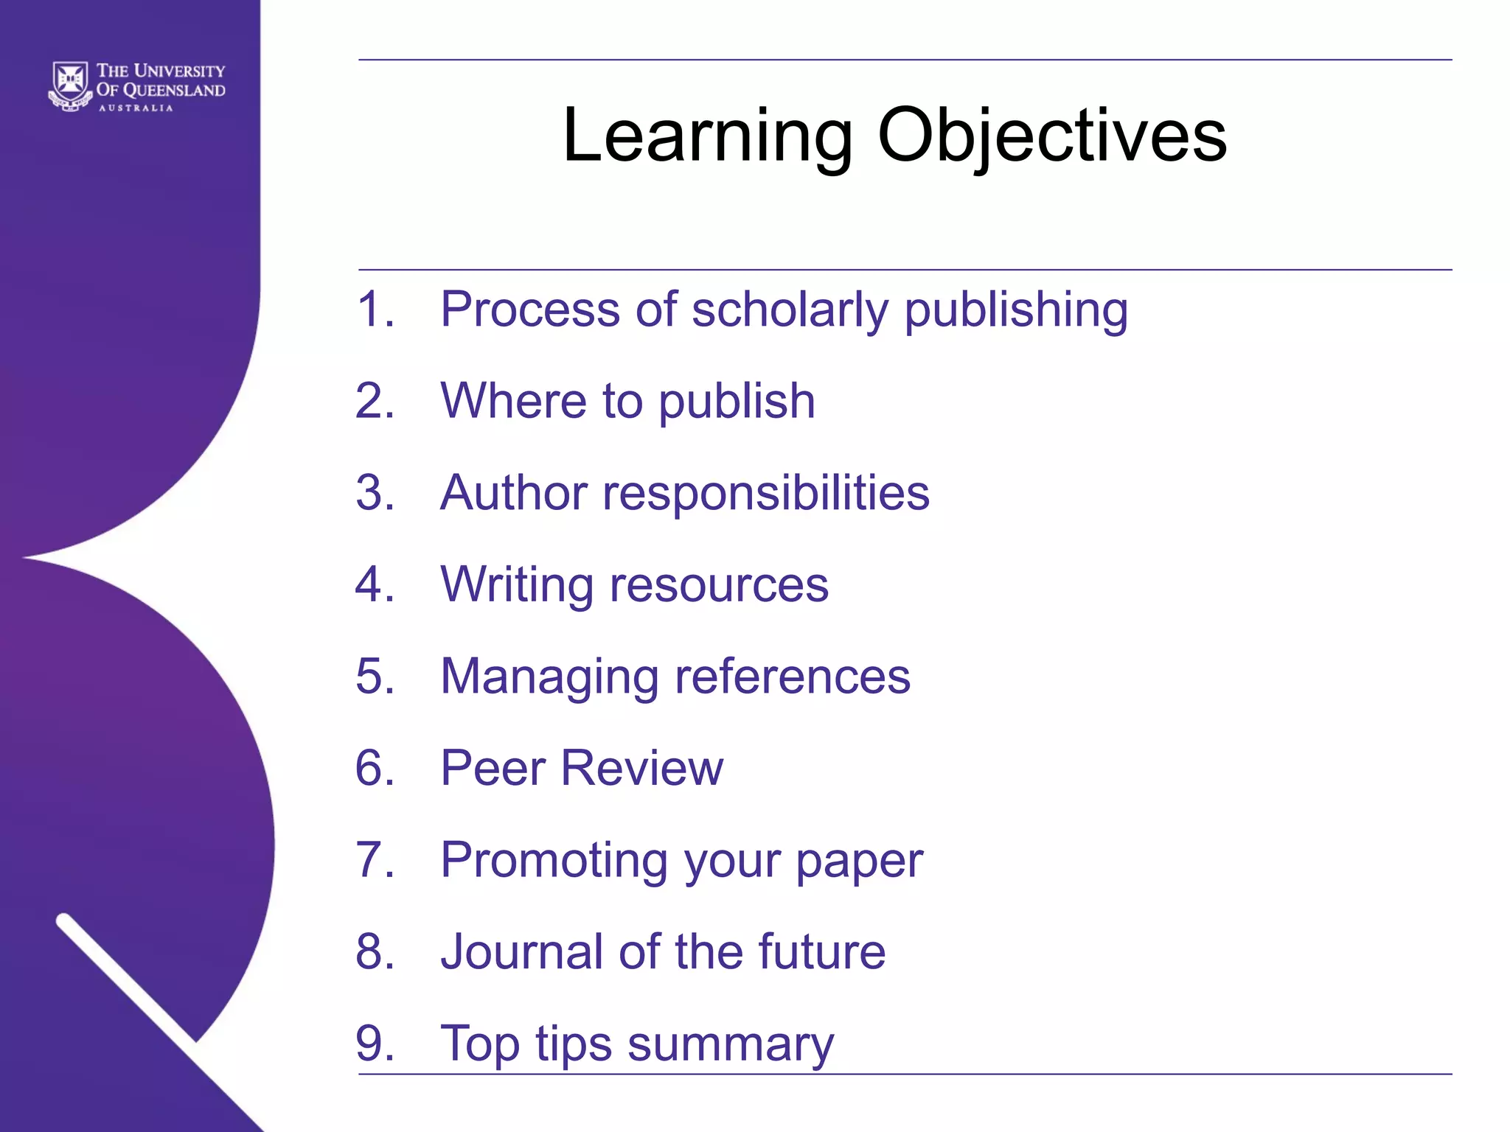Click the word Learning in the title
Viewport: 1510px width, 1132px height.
pyautogui.click(x=707, y=136)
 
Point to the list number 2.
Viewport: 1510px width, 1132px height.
pyautogui.click(x=375, y=401)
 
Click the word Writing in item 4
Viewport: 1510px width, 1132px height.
pyautogui.click(x=516, y=584)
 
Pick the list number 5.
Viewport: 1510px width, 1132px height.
pyautogui.click(x=375, y=676)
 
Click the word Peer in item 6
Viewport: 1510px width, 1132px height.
pyautogui.click(x=493, y=768)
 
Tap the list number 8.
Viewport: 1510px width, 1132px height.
pyautogui.click(x=375, y=951)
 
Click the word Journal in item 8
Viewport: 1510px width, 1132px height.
pyautogui.click(x=521, y=951)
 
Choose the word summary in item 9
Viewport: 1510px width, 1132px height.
pyautogui.click(x=730, y=1044)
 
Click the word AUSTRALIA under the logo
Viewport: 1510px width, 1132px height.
pyautogui.click(x=136, y=108)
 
